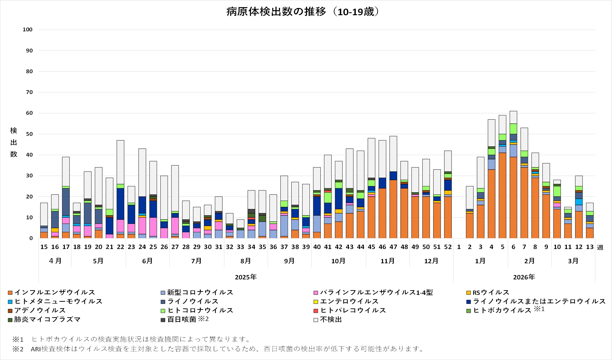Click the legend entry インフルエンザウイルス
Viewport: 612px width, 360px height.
(x=55, y=292)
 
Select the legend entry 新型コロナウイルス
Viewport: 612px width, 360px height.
(x=200, y=292)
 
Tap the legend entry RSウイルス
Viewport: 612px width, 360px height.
(x=491, y=292)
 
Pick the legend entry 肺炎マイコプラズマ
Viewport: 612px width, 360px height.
(x=47, y=319)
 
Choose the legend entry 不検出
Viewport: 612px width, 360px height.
(x=331, y=319)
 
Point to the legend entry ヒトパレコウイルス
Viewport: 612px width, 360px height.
(x=353, y=310)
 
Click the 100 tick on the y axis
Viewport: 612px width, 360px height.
(x=28, y=30)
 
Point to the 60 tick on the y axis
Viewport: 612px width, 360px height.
(x=29, y=113)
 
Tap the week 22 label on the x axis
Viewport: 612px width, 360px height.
(x=120, y=247)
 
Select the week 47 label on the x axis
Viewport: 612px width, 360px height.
(x=393, y=247)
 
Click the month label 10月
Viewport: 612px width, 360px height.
(x=338, y=261)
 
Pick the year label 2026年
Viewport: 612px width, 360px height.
(x=524, y=277)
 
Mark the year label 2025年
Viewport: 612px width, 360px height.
(x=246, y=277)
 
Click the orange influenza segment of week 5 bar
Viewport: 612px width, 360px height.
(x=502, y=195)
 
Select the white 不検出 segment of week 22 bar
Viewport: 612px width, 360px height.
(x=120, y=162)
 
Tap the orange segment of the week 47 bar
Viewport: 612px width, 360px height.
(x=393, y=209)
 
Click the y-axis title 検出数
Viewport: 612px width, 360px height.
(x=14, y=142)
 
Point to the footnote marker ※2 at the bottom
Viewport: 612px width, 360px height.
(x=18, y=349)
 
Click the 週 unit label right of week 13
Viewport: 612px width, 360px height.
(x=600, y=247)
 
